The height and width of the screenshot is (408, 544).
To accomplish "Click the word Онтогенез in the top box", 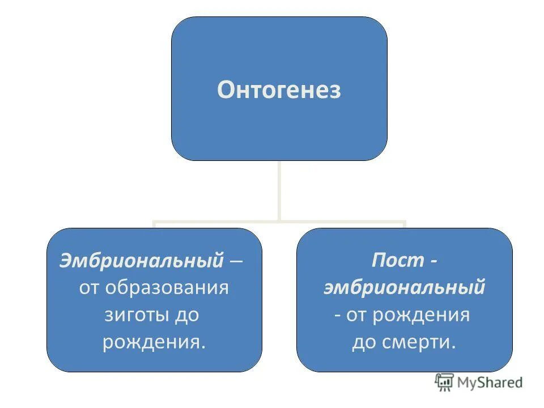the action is (279, 90).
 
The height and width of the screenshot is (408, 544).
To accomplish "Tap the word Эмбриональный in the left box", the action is (141, 261).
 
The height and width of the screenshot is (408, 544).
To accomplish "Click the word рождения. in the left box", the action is (154, 342).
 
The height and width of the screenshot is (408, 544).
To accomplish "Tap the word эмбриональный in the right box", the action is (404, 288).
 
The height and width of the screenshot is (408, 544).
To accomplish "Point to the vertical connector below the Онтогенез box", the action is (279, 190).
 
